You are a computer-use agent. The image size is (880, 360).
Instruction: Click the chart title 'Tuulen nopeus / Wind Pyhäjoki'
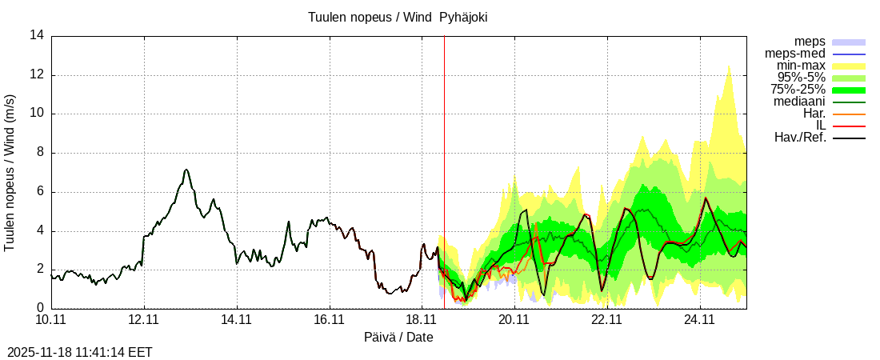398,17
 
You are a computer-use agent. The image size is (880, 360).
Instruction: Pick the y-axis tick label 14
37,36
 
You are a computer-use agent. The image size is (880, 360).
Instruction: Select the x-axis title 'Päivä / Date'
398,338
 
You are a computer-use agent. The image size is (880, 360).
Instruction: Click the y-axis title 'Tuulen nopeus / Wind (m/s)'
10,172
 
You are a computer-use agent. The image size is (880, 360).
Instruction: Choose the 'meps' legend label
810,42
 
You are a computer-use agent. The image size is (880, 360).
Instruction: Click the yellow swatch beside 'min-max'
848,66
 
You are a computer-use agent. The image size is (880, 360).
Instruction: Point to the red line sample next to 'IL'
848,126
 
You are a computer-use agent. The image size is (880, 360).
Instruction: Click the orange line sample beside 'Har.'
848,114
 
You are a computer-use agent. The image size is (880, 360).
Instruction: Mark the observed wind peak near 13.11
186,170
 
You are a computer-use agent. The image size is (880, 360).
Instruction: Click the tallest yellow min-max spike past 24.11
729,66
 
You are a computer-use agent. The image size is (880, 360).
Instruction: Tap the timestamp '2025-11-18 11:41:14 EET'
79,352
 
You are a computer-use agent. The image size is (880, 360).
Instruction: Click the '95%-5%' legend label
802,78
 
